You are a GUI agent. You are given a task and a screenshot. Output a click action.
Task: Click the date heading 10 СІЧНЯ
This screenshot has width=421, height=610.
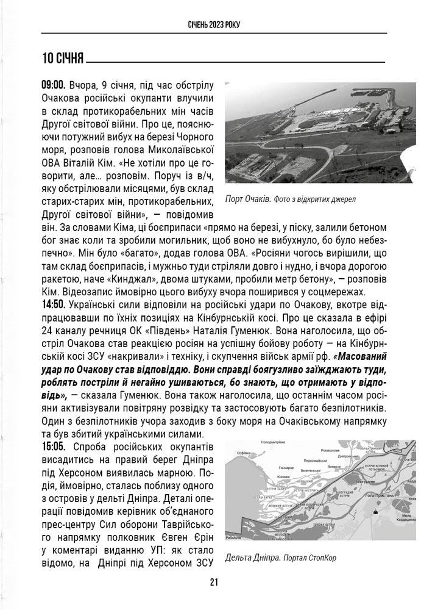tap(63, 59)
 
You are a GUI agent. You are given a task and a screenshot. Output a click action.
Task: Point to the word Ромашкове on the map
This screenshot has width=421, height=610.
tap(331, 450)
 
